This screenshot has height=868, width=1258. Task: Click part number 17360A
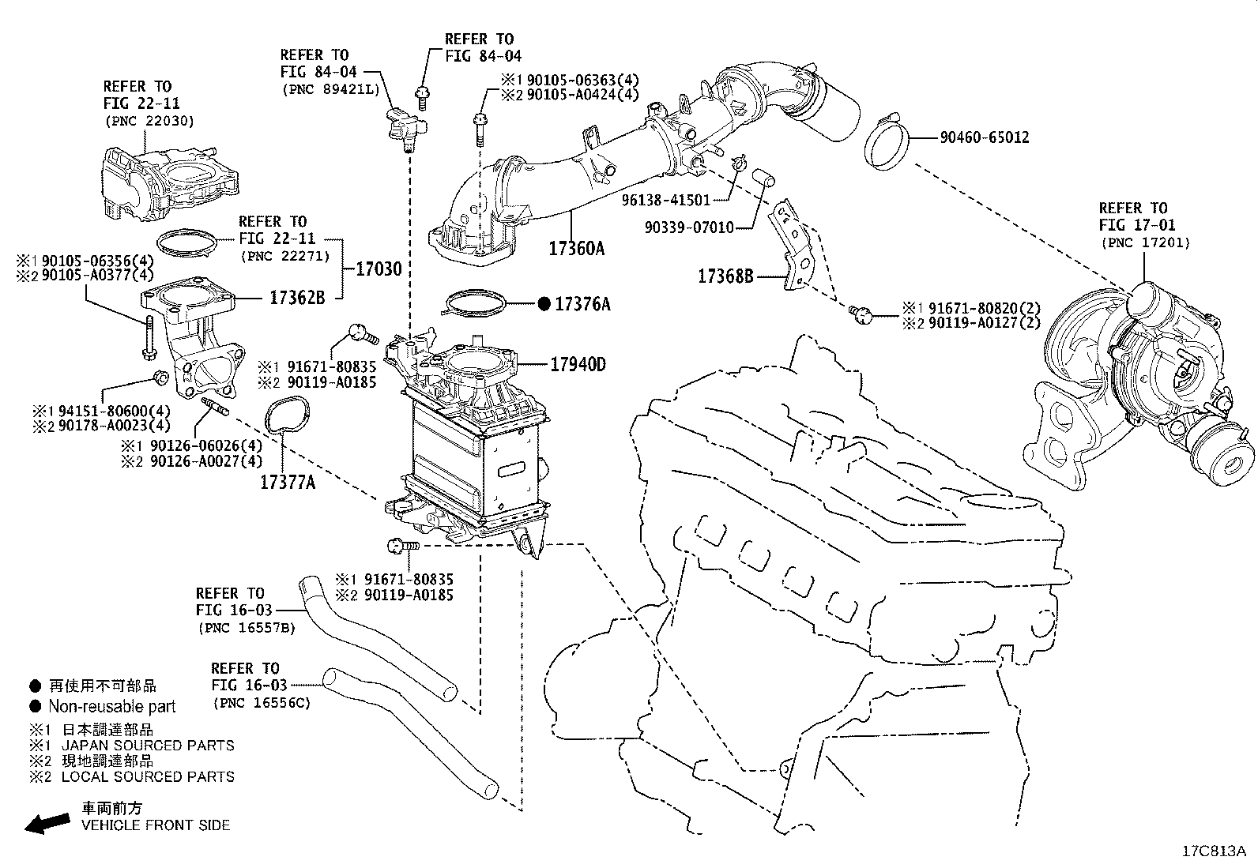(576, 249)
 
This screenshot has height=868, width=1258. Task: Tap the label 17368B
(725, 276)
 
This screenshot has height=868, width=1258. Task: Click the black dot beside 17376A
(544, 304)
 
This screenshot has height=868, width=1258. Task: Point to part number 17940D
(578, 364)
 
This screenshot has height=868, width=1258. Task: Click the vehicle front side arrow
(46, 823)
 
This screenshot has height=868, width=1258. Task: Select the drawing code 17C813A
(1213, 851)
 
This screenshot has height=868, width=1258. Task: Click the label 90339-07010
(688, 227)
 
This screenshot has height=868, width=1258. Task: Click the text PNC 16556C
(261, 702)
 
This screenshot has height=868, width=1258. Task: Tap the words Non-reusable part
(111, 707)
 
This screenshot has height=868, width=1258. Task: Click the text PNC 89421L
(330, 89)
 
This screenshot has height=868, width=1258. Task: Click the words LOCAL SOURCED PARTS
(148, 776)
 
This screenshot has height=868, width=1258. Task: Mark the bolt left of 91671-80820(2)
(860, 315)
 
